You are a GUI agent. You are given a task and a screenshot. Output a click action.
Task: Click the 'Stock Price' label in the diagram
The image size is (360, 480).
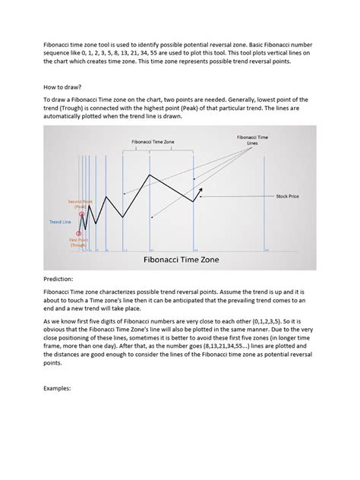pos(287,196)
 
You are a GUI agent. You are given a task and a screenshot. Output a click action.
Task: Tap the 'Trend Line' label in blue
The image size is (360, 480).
pos(60,222)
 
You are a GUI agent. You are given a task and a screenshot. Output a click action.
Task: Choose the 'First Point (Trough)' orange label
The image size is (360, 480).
pos(78,242)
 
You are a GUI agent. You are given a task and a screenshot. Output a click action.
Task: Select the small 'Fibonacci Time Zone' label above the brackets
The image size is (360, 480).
pos(153,142)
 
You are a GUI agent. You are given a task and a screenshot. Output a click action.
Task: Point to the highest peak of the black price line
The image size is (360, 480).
pos(149,175)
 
